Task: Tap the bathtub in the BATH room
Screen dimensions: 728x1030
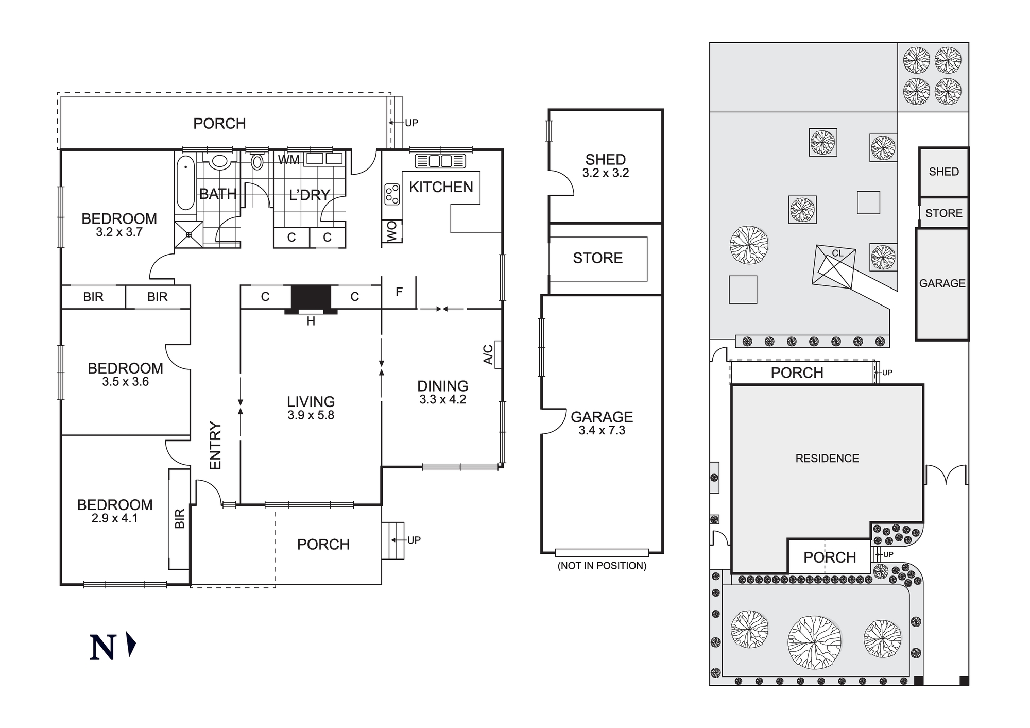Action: (185, 183)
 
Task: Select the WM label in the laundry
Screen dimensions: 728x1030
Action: (288, 160)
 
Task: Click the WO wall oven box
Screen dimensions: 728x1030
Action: (392, 231)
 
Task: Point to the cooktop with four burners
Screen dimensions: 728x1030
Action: (392, 194)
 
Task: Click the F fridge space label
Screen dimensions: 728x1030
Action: (399, 292)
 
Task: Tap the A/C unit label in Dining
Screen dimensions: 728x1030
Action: (488, 354)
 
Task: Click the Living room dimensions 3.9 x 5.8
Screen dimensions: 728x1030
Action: (311, 415)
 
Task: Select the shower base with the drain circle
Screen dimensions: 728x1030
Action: (189, 234)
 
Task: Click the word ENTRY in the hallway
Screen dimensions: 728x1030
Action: (215, 446)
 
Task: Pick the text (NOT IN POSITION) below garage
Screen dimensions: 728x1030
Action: (602, 566)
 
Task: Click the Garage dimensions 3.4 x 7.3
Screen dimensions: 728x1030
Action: (602, 431)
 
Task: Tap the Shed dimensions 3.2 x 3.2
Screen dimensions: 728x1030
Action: (606, 173)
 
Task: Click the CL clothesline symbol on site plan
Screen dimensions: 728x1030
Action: (837, 253)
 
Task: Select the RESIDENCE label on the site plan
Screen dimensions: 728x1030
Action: (827, 459)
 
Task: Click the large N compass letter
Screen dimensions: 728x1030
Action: (102, 648)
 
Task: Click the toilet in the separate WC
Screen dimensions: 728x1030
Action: (257, 162)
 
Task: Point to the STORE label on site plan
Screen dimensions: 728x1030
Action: (943, 213)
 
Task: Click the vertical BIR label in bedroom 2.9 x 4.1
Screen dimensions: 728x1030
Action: (179, 518)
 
